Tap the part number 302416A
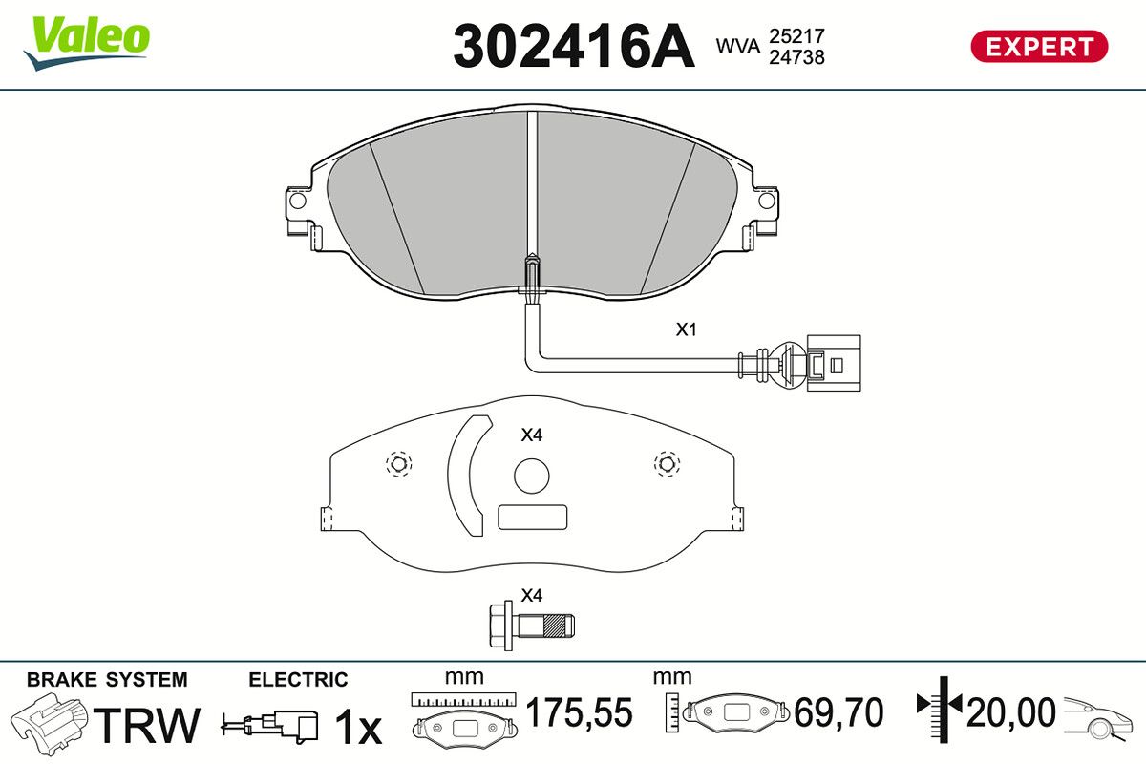point(574,46)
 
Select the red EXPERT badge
point(1039,47)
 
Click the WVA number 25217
point(797,36)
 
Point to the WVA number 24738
point(797,57)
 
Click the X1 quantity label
point(686,329)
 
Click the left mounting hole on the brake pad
point(297,200)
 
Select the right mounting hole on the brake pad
point(766,200)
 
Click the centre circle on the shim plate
point(532,476)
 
